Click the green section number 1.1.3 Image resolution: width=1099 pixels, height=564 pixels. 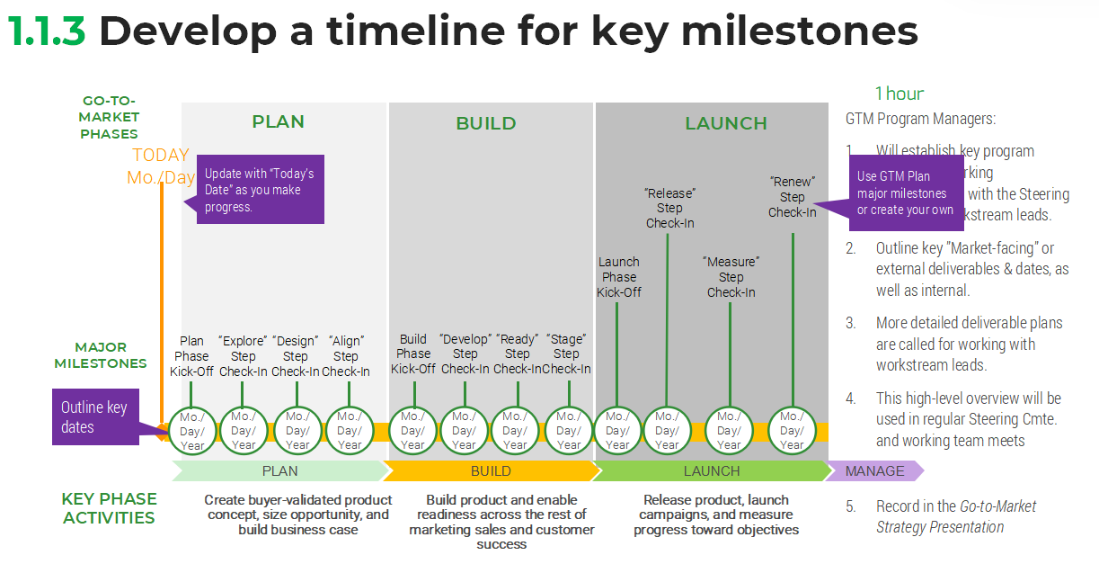pos(47,31)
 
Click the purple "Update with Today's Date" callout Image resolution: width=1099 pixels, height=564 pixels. pos(260,190)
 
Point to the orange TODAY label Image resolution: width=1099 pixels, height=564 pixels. pos(161,155)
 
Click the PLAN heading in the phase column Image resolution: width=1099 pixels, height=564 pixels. pos(278,122)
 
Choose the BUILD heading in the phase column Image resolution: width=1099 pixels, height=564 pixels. pos(485,123)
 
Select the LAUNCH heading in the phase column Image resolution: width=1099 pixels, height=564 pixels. pos(726,123)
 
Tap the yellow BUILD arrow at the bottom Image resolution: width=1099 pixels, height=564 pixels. pos(491,470)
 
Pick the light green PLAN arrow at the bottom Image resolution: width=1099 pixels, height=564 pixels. pos(279,470)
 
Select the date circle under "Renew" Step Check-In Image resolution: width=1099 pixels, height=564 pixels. pos(793,430)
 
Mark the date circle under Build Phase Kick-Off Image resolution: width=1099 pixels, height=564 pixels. pos(413,430)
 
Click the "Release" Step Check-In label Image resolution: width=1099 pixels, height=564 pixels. pos(669,208)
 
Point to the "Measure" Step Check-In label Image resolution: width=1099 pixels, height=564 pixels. pos(731,276)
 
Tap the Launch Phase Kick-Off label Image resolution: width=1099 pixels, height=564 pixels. pos(619,277)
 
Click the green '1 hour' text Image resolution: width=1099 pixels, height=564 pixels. pos(900,94)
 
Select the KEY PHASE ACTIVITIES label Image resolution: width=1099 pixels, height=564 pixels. pos(109,508)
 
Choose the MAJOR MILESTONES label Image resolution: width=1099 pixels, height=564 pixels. pos(100,355)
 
